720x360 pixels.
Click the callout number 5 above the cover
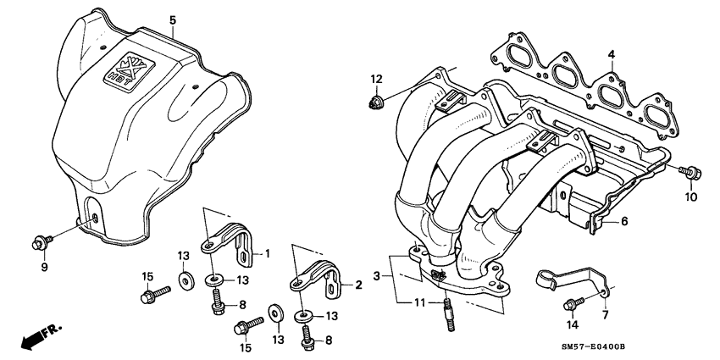(172, 19)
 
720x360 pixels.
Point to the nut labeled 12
(376, 104)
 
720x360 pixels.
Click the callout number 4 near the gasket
(609, 56)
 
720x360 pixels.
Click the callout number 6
(624, 222)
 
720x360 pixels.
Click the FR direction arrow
(31, 339)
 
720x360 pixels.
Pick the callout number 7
(605, 315)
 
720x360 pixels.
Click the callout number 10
(690, 197)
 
